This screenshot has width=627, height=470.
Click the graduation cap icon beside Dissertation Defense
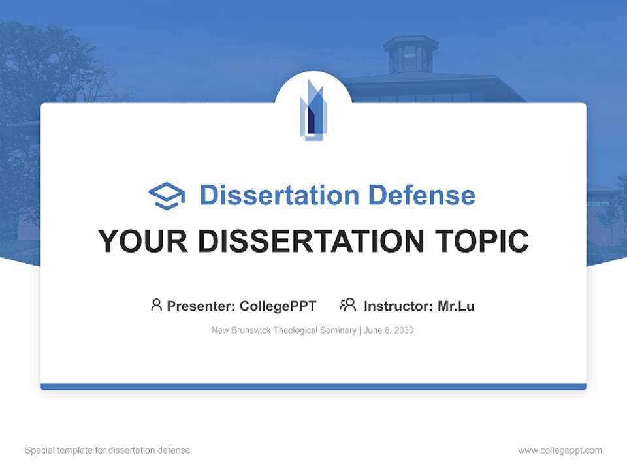tap(167, 196)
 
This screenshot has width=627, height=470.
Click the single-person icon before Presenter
tap(156, 305)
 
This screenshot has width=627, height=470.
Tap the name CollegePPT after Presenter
tap(278, 306)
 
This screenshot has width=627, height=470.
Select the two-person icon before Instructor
tap(348, 305)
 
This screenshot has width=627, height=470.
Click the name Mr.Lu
tap(456, 306)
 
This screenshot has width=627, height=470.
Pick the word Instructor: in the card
tap(398, 306)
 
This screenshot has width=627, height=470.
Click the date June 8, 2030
tap(389, 330)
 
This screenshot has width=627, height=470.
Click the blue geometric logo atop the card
tap(312, 110)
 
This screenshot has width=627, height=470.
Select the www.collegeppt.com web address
tap(560, 450)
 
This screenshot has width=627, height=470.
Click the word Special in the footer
tap(39, 450)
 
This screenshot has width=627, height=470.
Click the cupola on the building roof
tap(410, 54)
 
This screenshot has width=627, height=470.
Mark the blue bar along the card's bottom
tap(313, 386)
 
